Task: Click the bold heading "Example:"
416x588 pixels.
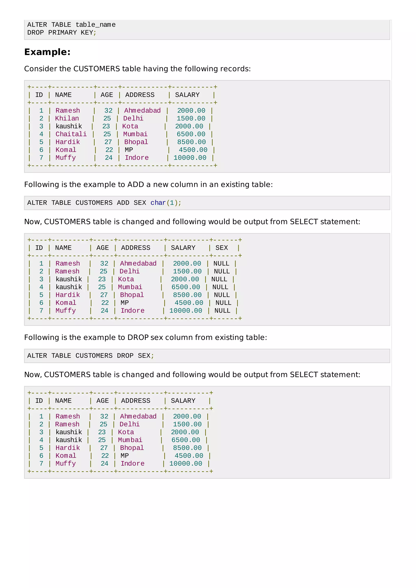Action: pos(47,52)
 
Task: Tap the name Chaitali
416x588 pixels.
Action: pos(71,134)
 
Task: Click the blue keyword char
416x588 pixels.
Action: pos(158,203)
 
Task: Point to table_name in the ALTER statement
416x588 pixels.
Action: pos(95,25)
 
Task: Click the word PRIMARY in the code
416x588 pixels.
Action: pos(62,32)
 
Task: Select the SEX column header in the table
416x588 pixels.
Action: pos(221,248)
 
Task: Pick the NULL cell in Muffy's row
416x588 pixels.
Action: pos(222,311)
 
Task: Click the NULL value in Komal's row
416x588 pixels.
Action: pos(223,303)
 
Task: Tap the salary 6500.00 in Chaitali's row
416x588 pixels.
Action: pos(191,134)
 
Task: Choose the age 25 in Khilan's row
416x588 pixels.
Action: pos(107,118)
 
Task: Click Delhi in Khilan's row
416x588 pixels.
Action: pos(133,118)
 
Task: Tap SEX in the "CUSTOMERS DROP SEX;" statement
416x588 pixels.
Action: pos(144,356)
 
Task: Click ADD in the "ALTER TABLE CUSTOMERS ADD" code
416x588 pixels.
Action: pos(123,203)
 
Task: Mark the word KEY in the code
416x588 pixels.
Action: pos(87,32)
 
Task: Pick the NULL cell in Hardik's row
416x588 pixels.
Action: pos(222,295)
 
